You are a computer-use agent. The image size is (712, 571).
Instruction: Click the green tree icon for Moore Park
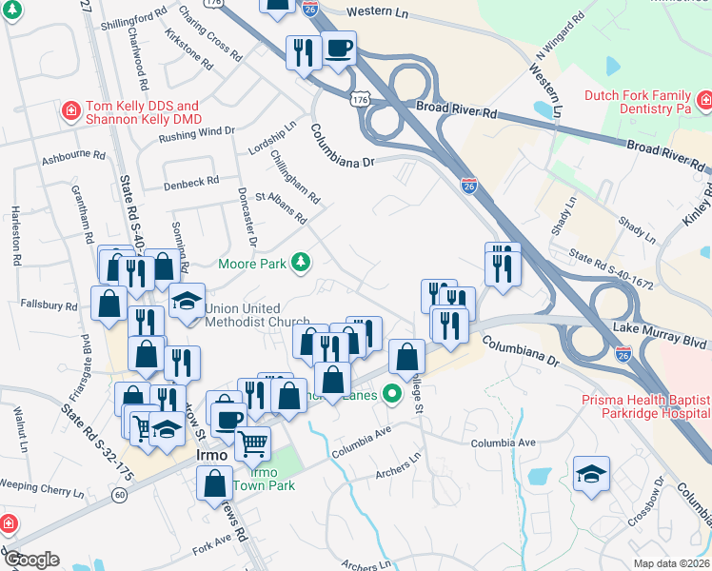click(301, 262)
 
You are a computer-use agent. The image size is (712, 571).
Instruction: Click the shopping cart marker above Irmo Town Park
click(252, 443)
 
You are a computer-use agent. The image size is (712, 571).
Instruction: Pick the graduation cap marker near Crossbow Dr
click(591, 475)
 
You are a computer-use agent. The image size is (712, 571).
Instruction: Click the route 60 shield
click(119, 496)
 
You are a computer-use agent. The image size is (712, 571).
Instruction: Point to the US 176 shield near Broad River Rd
click(359, 99)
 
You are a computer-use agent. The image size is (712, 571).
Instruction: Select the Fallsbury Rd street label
click(48, 305)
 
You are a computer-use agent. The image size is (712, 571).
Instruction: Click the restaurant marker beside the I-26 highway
click(502, 263)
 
